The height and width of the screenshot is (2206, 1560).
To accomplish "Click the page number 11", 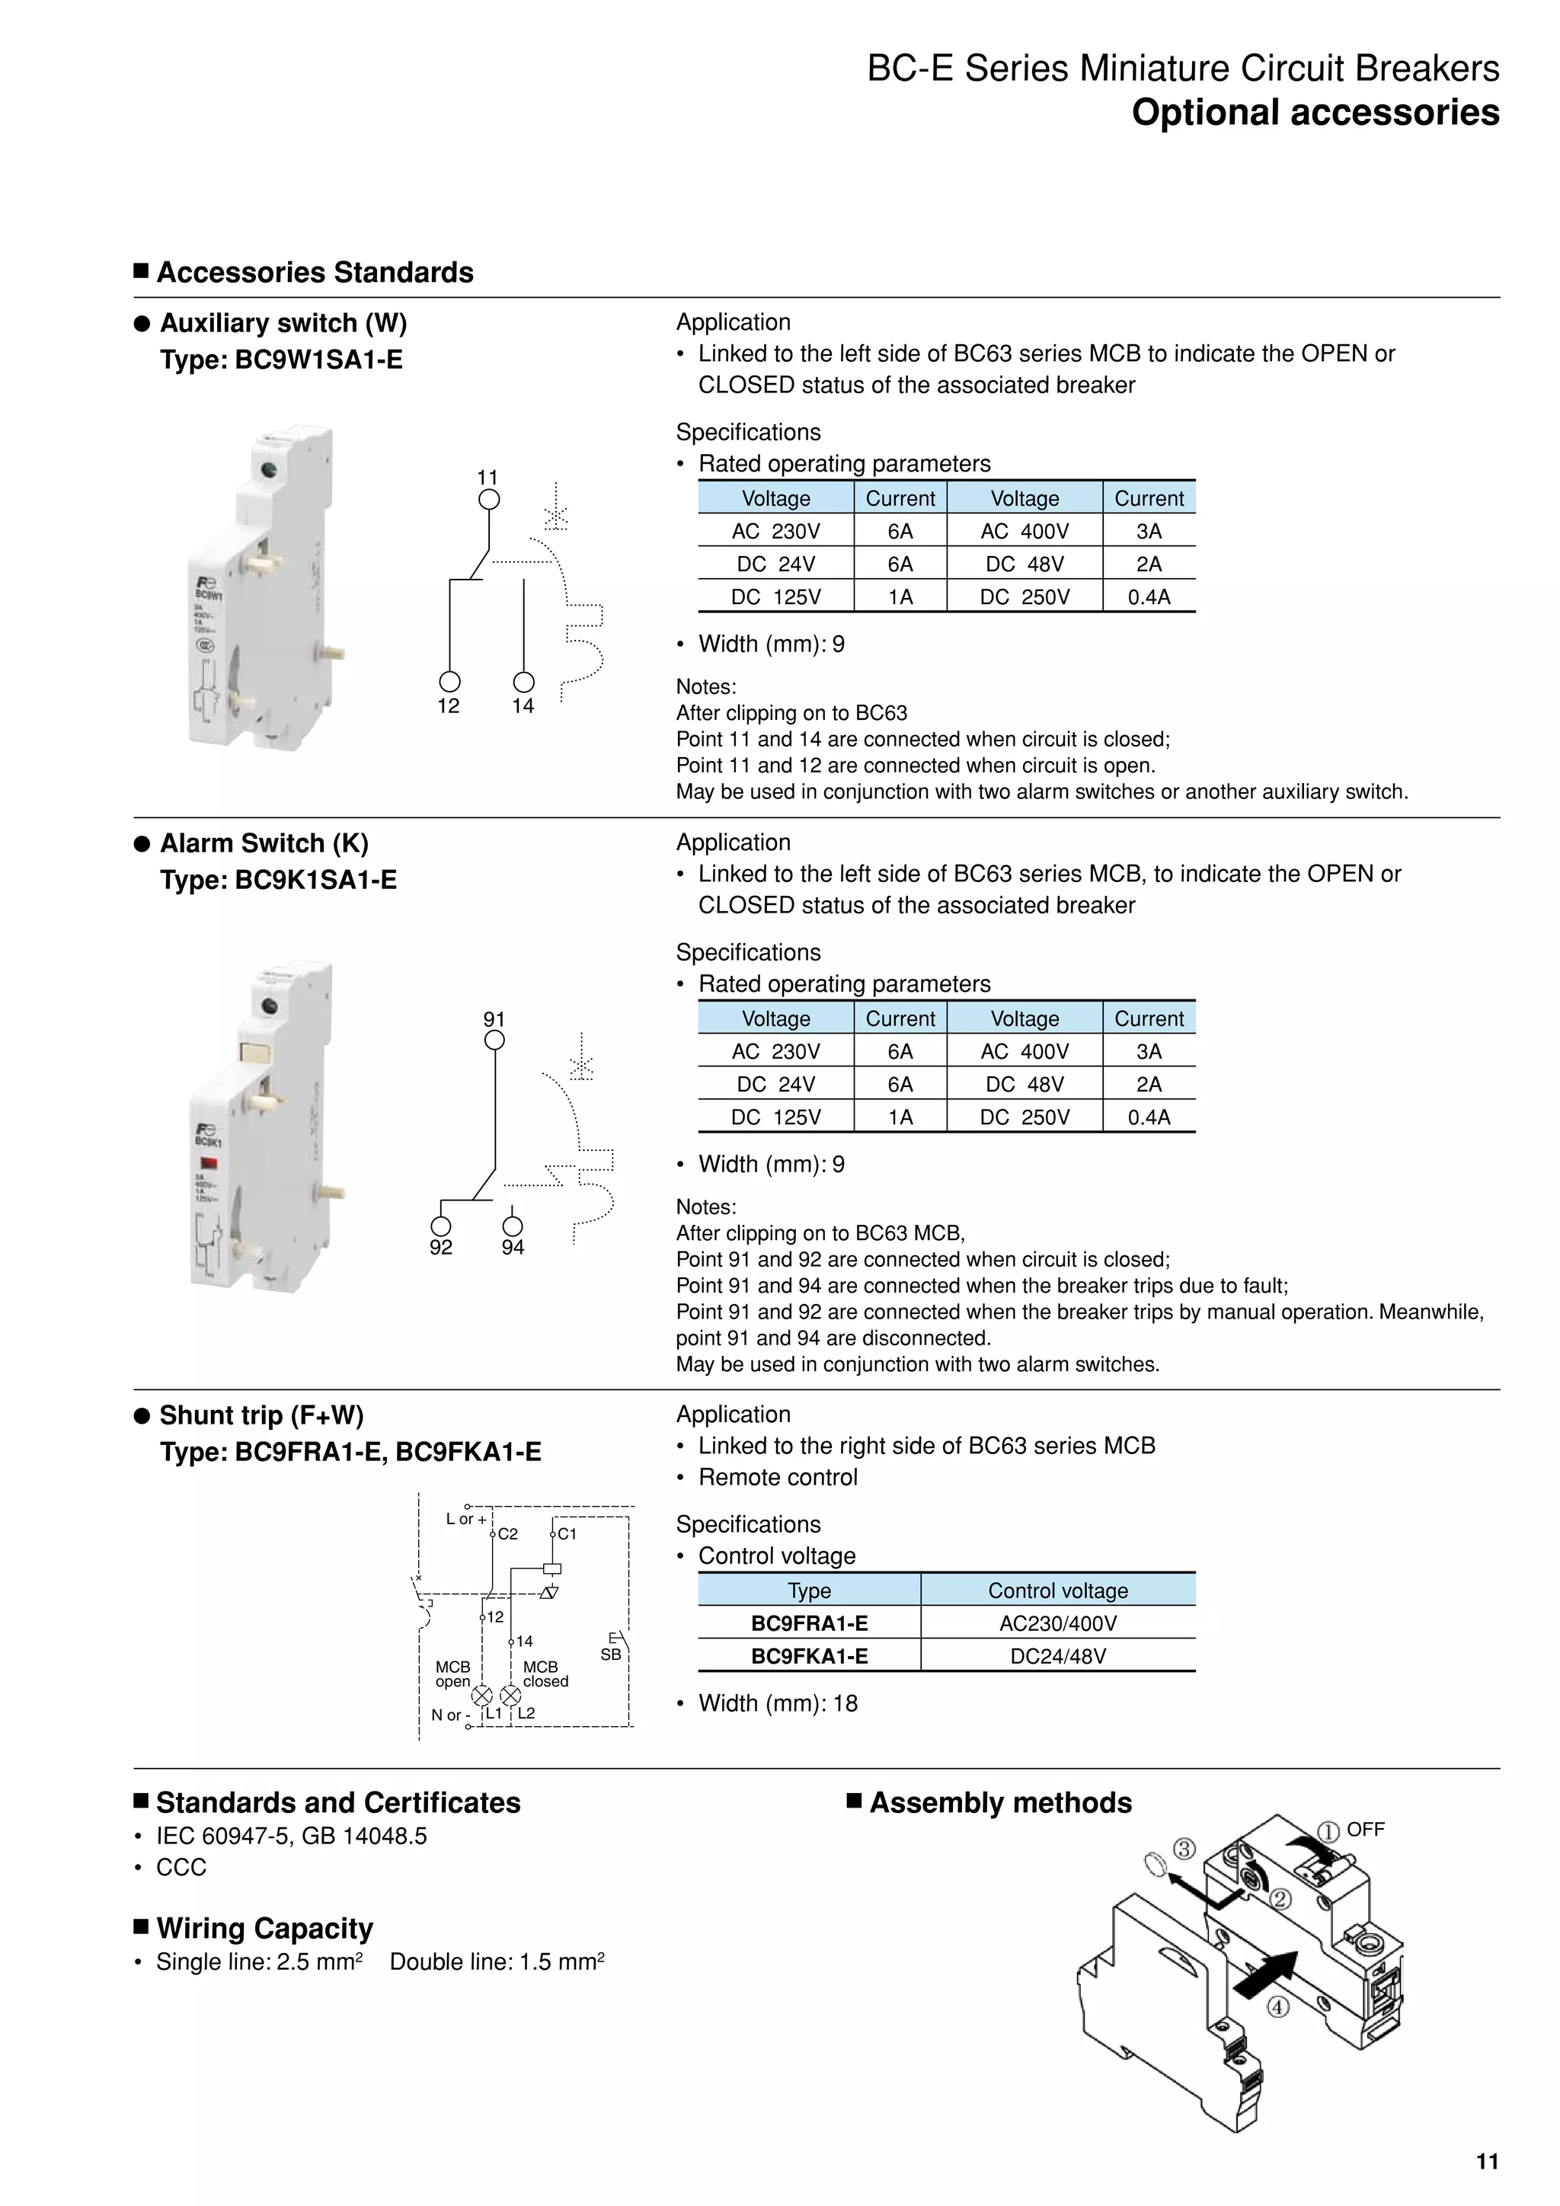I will (1486, 2161).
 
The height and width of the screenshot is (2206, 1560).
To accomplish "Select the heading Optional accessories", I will (1314, 113).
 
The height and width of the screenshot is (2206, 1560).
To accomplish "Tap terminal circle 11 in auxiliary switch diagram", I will (489, 500).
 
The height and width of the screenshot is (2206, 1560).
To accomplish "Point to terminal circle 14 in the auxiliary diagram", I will (523, 683).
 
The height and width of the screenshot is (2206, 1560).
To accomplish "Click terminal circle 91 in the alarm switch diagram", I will (494, 1041).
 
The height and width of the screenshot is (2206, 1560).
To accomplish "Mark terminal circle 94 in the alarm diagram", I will (513, 1226).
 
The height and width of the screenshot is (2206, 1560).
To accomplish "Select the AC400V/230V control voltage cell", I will (1057, 1623).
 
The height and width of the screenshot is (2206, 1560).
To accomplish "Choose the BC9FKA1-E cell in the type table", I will (809, 1655).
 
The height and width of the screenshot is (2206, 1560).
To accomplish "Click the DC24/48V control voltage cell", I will (1057, 1655).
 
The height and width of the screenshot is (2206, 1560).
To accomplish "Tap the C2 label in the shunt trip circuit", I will (507, 1534).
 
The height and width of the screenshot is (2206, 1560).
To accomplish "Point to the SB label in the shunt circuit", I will (610, 1654).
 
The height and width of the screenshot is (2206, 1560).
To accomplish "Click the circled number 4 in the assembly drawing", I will (1277, 2007).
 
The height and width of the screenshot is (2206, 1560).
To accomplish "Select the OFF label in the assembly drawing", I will (1365, 1830).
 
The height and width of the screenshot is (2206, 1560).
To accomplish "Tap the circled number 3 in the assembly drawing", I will (1184, 1849).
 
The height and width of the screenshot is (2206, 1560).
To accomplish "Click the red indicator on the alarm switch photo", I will (209, 1162).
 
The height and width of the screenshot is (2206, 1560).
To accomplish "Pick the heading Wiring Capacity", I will (264, 1928).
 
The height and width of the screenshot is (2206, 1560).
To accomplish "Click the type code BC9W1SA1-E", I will (318, 360).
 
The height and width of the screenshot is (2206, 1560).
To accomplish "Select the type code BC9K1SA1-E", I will (315, 880).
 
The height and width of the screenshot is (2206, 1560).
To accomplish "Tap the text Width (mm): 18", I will (777, 1702).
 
